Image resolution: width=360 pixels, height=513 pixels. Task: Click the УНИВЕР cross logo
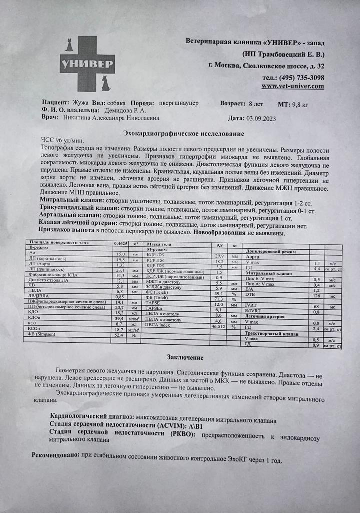(x=88, y=63)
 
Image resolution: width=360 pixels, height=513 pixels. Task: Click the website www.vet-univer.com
(x=292, y=86)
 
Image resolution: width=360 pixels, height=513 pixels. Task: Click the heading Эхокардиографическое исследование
(x=184, y=134)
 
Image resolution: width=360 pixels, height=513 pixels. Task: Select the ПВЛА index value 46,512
(x=218, y=326)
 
